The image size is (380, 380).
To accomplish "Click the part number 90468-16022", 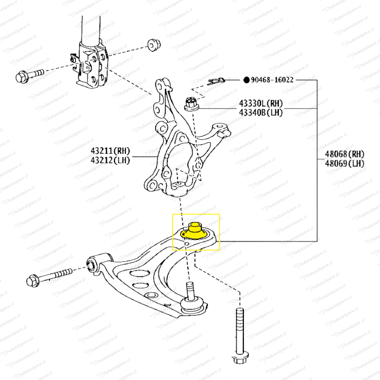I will click(272, 80).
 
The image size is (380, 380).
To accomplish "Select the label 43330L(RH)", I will click(261, 103).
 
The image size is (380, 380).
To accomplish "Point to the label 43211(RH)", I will click(110, 151).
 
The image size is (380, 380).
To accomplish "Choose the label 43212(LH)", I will click(110, 160).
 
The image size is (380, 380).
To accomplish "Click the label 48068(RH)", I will click(344, 154).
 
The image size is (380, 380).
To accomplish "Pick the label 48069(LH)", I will click(344, 163).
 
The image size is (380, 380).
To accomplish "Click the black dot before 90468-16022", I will click(246, 80).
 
